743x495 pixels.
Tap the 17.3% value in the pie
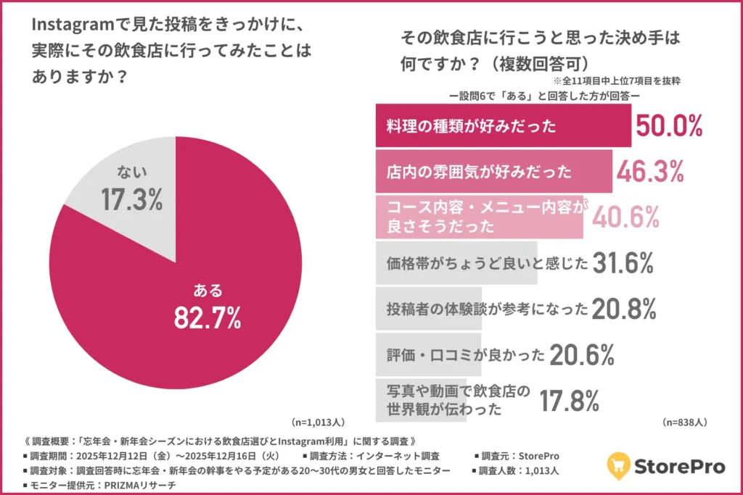[131, 200]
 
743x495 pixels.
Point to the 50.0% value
[669, 126]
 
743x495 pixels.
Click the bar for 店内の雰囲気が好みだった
[493, 172]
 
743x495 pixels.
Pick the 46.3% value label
[650, 172]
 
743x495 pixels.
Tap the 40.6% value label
[625, 217]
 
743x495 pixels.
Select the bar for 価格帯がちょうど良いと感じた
[457, 263]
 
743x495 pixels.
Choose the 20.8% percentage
[624, 309]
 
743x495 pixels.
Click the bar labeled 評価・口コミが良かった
[428, 355]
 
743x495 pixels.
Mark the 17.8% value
[568, 400]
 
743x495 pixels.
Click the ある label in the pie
[208, 291]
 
